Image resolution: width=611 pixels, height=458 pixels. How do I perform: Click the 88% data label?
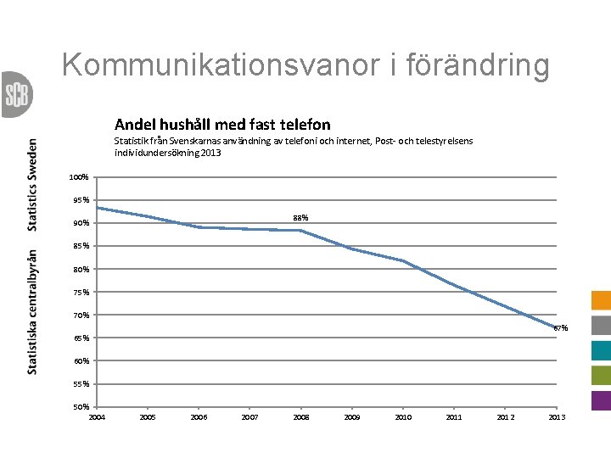point(301,218)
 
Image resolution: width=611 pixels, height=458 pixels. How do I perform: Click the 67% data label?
point(561,328)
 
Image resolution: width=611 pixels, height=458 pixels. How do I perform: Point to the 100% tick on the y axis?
point(80,177)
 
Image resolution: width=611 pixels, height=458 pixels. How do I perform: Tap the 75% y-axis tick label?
point(80,293)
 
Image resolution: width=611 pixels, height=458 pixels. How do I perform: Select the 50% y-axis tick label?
point(80,407)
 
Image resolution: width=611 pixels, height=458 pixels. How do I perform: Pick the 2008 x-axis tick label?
point(301,417)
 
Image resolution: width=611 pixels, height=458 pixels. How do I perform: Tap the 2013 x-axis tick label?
point(557,417)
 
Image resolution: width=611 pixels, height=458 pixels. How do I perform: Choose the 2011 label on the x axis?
point(454,417)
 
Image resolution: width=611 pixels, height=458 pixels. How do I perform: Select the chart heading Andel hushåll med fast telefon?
point(222,125)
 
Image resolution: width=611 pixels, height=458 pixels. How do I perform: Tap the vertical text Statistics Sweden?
point(32,184)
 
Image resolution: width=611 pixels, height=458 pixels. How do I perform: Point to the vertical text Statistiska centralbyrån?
point(32,311)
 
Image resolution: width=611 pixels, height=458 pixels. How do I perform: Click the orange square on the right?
point(601,301)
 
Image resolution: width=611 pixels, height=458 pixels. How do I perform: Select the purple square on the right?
point(601,399)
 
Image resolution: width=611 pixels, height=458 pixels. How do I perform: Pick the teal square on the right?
point(601,350)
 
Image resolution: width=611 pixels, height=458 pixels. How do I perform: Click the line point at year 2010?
point(403,260)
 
